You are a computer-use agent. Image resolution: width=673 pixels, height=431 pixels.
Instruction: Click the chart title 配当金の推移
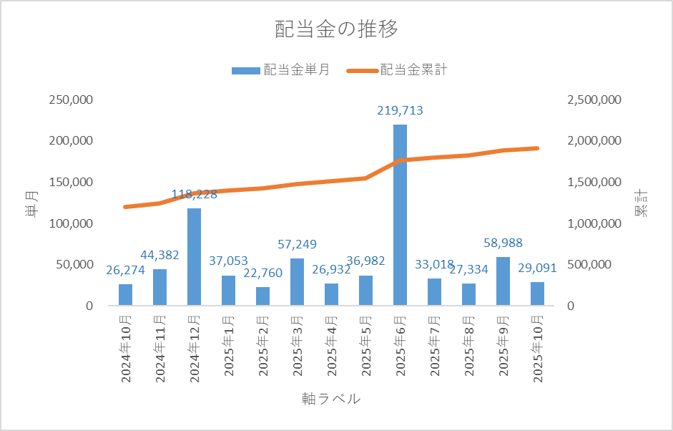click(336, 30)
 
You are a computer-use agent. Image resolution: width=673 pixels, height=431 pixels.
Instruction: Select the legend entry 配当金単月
click(280, 70)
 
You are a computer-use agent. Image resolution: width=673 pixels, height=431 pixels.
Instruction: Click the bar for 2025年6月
click(400, 215)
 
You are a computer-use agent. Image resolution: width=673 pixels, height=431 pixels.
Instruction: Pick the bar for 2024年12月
click(194, 256)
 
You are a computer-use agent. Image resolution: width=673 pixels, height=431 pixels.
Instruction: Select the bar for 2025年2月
click(262, 296)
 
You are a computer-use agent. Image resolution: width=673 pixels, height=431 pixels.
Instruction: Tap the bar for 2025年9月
click(503, 281)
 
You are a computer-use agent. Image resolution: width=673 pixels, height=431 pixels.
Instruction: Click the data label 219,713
click(400, 110)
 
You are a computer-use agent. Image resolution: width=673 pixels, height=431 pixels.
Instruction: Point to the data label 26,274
click(127, 270)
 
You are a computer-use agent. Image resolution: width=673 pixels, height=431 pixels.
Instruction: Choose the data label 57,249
click(297, 244)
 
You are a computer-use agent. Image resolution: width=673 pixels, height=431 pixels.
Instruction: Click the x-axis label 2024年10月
click(126, 347)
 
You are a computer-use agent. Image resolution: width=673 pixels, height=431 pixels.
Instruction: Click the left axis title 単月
click(33, 203)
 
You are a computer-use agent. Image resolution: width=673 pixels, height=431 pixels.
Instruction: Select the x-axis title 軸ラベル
click(331, 399)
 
